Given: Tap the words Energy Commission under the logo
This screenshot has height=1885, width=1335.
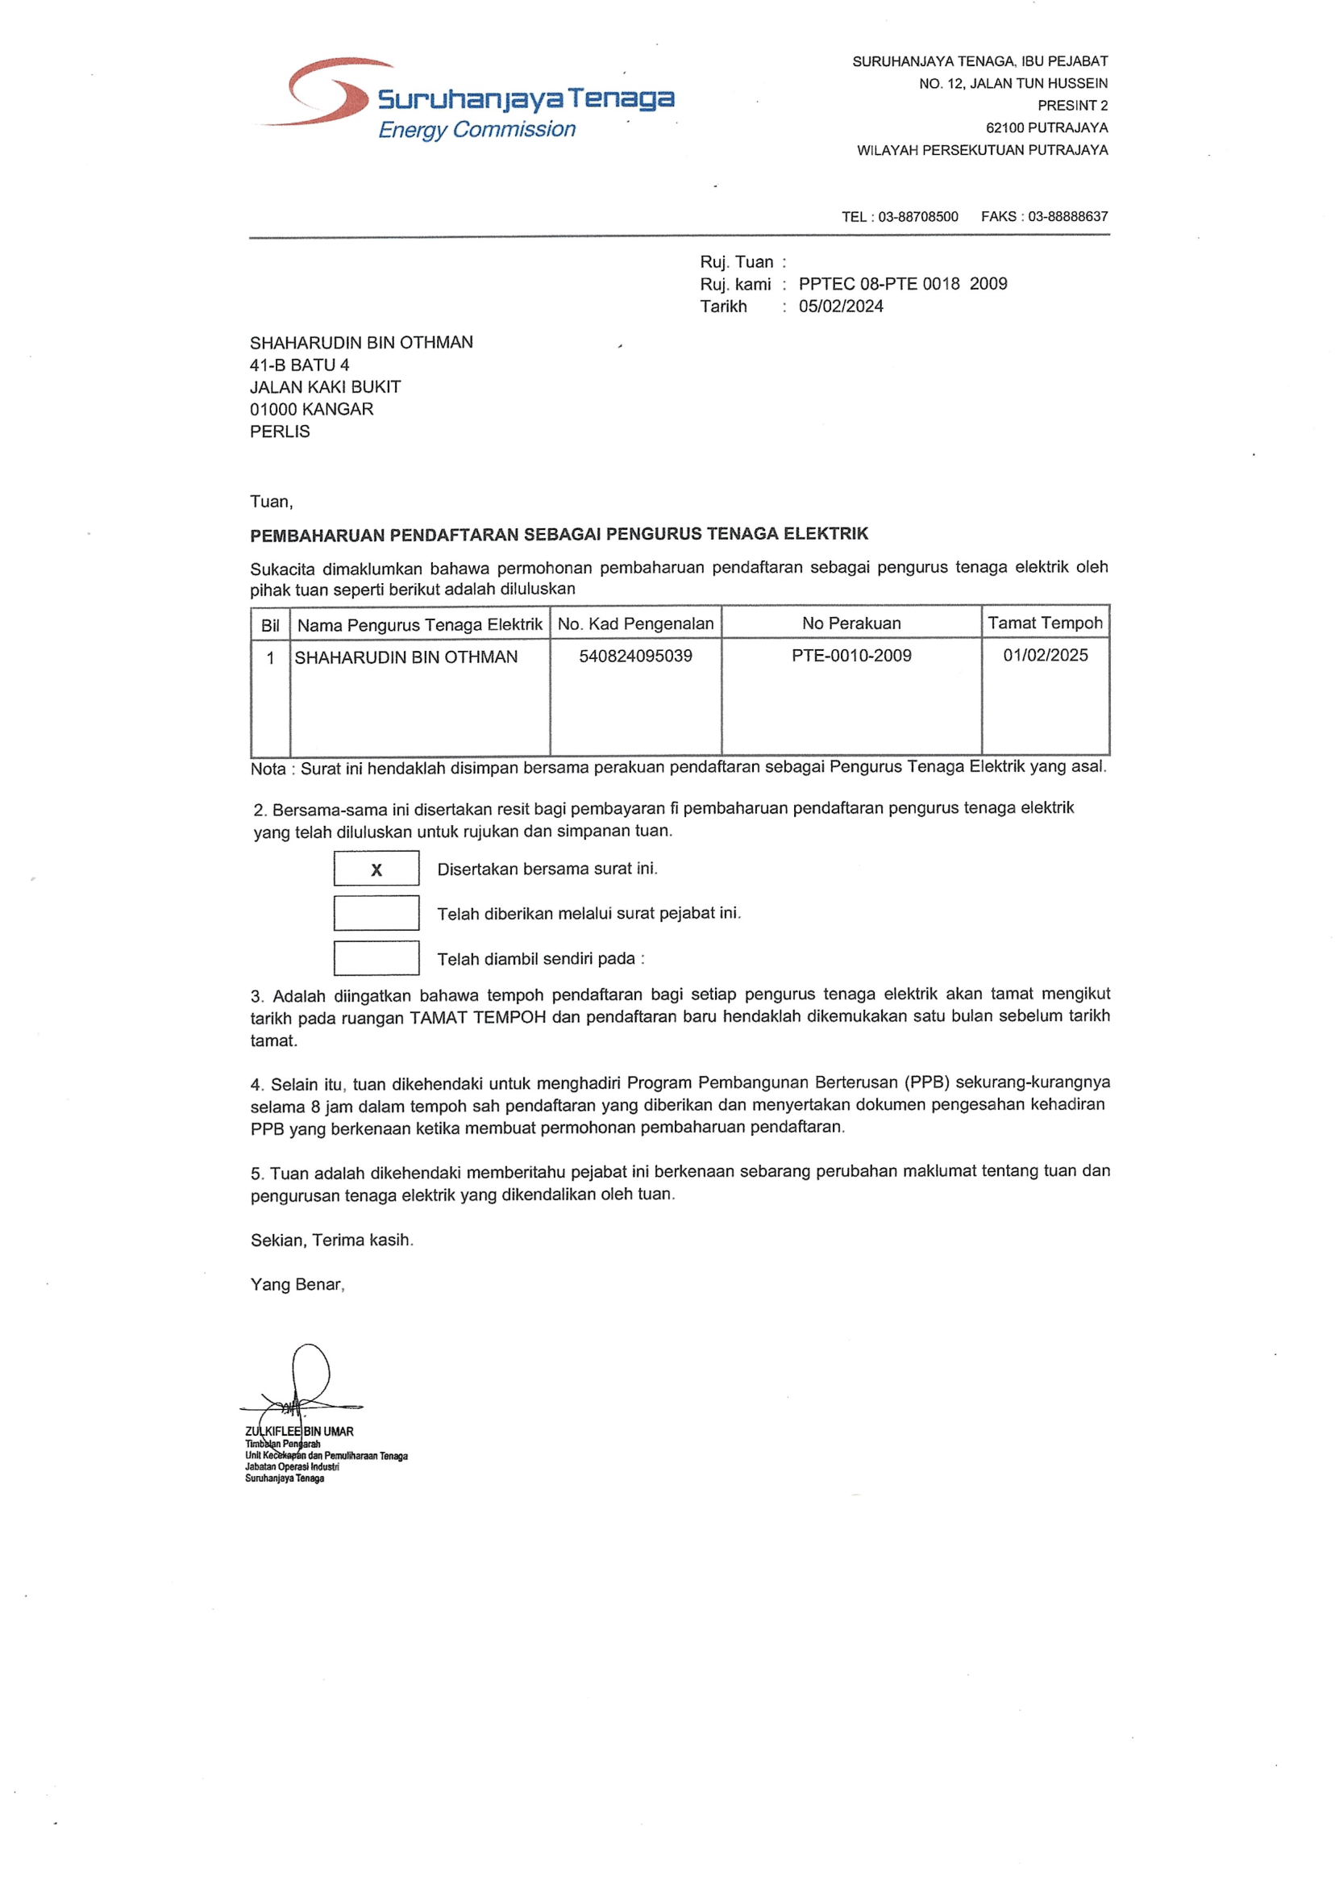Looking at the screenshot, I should pos(476,130).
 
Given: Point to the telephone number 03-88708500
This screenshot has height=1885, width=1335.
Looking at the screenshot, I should pos(917,217).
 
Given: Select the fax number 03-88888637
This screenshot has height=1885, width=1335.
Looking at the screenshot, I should pos(1067,217).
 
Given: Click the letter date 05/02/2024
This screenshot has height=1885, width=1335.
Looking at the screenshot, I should pos(840,307).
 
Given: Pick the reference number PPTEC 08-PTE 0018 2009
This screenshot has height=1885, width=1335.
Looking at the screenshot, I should pos(902,284).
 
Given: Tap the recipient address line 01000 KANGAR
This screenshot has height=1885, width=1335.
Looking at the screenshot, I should pos(311,410).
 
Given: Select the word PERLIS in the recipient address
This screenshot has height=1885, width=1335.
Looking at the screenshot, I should pos(280,432).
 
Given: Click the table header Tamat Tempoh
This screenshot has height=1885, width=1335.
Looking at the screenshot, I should pos(1044,623).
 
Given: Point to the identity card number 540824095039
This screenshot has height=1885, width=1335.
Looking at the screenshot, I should pos(634,657).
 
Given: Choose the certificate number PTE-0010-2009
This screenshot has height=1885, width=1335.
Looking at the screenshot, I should pos(850,657).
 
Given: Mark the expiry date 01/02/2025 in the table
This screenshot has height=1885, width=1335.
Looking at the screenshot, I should pos(1044,656).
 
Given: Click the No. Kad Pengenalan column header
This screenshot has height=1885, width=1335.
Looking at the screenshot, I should pos(634,624).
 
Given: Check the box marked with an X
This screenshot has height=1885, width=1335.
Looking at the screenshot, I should pos(376,870).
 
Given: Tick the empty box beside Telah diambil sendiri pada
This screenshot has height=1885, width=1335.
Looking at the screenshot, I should pos(376,958).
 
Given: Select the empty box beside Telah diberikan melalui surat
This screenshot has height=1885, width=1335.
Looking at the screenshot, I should pos(376,913).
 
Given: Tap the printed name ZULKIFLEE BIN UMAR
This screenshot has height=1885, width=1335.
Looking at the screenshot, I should pos(299,1432).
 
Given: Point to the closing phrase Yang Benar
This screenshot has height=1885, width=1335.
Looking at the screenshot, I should pos(297,1285).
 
